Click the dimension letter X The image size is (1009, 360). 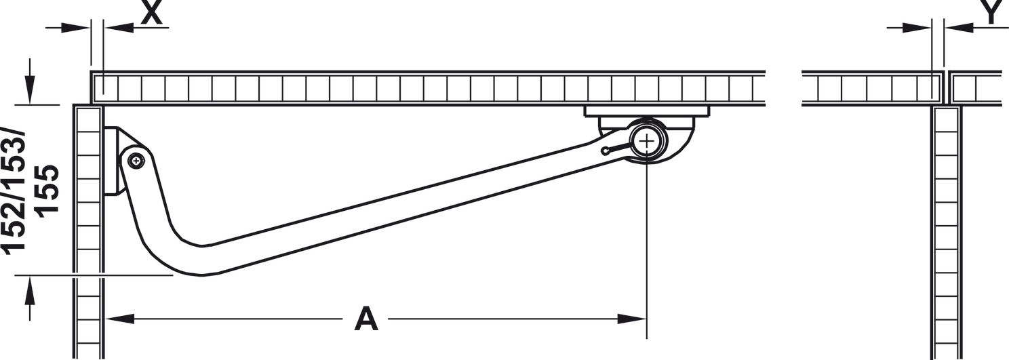pos(152,13)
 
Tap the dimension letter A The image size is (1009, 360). pos(365,319)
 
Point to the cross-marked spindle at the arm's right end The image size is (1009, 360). pos(648,141)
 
